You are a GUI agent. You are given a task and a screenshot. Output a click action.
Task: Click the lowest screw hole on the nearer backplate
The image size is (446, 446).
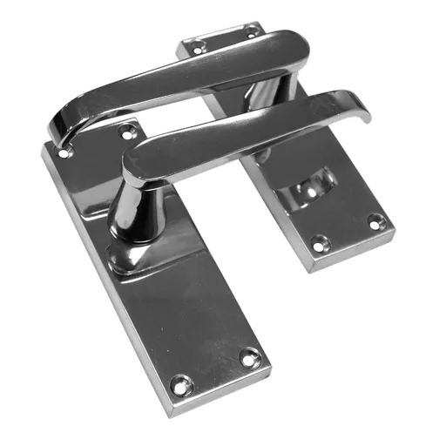coord(181,382)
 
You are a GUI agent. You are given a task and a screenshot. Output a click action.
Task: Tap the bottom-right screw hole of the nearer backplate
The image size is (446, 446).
coord(251,355)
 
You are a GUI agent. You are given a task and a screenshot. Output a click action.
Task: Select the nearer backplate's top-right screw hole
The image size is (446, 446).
coord(130,132)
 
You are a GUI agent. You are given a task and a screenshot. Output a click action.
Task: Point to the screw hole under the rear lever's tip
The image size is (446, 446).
coord(63,152)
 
